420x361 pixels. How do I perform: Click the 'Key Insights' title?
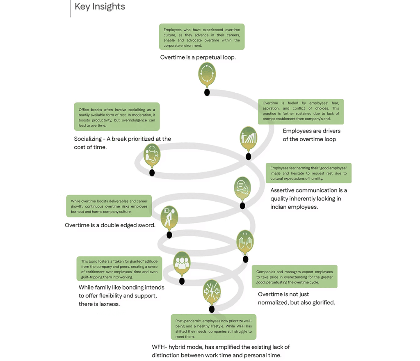point(100,7)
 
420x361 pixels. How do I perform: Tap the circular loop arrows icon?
point(207,73)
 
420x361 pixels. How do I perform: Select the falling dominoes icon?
point(248,138)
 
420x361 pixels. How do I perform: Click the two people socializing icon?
point(152,155)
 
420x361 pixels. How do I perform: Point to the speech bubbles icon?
point(242,187)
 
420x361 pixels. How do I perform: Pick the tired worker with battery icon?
point(169,217)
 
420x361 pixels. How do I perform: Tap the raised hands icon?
point(245,242)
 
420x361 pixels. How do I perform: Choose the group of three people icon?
point(182,263)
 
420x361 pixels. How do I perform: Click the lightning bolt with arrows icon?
point(212,291)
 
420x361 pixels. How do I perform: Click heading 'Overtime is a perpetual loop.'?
point(198,57)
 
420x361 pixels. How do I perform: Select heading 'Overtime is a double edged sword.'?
point(110,225)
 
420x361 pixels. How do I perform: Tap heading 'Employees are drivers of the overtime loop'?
point(311,135)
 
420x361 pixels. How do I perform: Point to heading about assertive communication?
point(308,199)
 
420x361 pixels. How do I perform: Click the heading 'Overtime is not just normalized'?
point(296,298)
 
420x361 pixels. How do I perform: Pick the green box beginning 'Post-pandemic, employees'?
point(213,327)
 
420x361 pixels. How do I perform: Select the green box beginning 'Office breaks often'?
point(117,117)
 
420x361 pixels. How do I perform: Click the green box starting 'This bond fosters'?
point(119,269)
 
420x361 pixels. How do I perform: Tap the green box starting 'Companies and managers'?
point(294,276)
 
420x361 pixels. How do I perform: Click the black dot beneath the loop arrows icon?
point(207,93)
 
